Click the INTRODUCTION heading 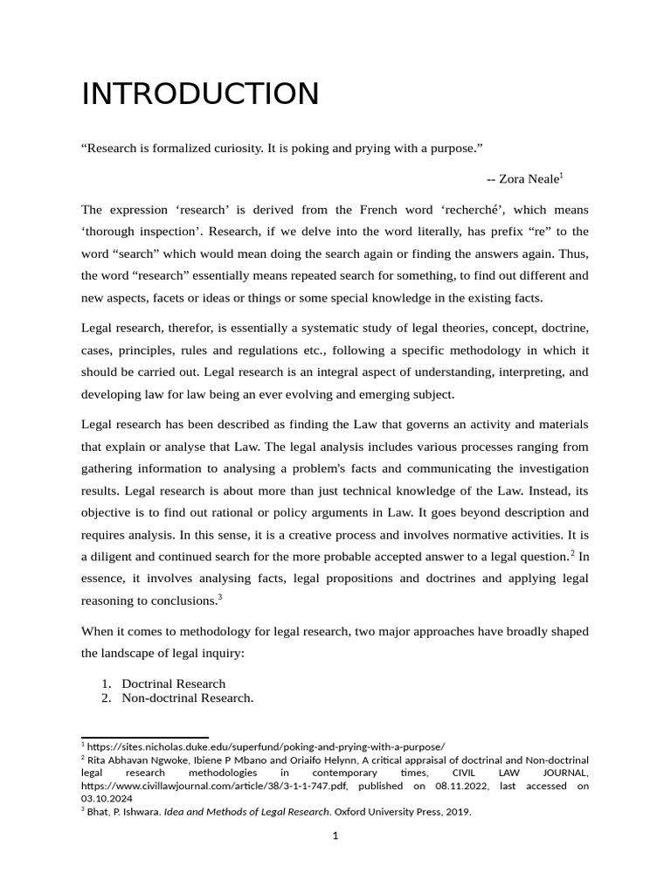click(x=200, y=94)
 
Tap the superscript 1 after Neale click(x=562, y=175)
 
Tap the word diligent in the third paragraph click(x=114, y=556)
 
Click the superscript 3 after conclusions click(x=220, y=597)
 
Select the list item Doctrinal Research click(x=173, y=683)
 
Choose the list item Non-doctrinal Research click(x=187, y=697)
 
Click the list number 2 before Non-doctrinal click(x=105, y=697)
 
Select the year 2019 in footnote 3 click(x=458, y=811)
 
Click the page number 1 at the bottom click(x=335, y=836)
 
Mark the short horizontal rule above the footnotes click(x=144, y=737)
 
